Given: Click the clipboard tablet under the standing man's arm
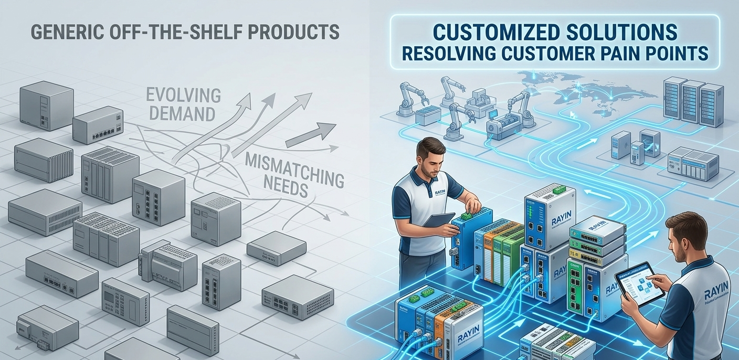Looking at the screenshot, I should click(x=439, y=219).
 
